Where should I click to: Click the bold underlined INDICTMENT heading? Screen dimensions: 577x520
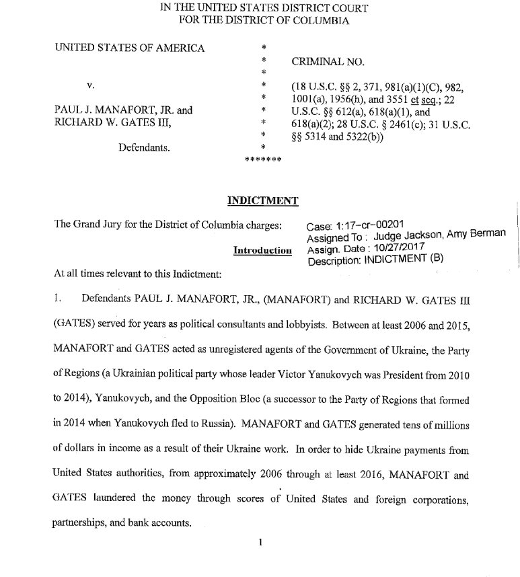262,200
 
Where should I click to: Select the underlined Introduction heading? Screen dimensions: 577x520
262,250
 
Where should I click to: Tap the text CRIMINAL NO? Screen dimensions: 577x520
328,61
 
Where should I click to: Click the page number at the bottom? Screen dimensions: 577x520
260,545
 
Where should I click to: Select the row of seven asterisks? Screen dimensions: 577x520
262,159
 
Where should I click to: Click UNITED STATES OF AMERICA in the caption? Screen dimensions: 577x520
130,48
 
